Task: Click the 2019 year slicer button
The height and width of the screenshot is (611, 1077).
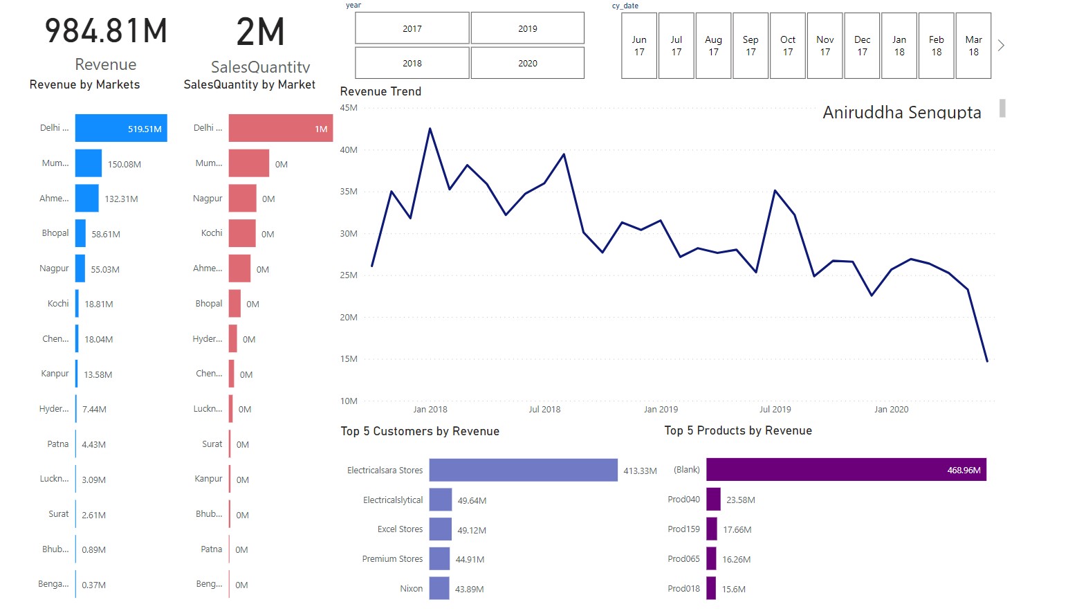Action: click(527, 28)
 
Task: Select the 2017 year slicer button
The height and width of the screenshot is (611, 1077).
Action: click(412, 28)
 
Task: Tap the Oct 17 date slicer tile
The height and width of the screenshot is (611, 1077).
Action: click(787, 46)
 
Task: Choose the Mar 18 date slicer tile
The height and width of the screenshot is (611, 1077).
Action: click(973, 46)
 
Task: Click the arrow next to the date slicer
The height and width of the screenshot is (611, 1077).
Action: click(1001, 46)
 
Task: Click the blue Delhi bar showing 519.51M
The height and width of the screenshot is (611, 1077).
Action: click(121, 128)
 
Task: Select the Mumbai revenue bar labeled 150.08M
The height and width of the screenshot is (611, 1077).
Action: click(89, 163)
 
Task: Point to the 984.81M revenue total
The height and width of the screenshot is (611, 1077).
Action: click(106, 32)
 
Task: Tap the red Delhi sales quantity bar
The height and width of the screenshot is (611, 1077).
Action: click(280, 128)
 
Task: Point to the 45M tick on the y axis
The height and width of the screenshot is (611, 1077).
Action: click(349, 108)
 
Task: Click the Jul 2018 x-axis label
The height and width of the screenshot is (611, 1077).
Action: click(544, 410)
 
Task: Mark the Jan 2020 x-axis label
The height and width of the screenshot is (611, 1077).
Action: click(891, 410)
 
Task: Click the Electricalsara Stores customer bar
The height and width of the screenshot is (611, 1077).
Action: click(523, 470)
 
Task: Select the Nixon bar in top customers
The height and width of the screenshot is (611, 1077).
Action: click(439, 588)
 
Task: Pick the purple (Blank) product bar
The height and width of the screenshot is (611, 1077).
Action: click(845, 470)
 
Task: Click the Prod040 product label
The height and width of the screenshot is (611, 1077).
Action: click(683, 500)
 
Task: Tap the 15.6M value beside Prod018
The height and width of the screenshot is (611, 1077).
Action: click(734, 590)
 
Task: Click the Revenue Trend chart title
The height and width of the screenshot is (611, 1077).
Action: click(380, 91)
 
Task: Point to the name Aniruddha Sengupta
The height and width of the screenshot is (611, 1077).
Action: click(901, 112)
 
